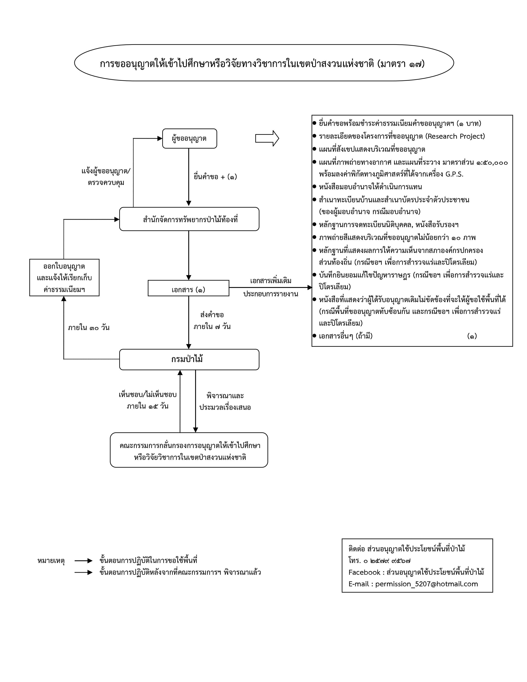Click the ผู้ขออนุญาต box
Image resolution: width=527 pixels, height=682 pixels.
190,138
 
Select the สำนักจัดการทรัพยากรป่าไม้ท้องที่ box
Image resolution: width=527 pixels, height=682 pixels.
189,219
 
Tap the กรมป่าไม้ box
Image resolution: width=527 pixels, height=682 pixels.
189,359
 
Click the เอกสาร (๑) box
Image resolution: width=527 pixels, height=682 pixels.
188,288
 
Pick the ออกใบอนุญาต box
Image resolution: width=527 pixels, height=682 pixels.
64,277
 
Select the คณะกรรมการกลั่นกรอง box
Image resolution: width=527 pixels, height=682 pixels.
189,450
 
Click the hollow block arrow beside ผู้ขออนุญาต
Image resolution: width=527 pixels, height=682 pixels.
267,138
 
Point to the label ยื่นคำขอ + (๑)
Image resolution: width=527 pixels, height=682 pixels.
215,177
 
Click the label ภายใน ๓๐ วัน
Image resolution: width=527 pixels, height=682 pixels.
89,328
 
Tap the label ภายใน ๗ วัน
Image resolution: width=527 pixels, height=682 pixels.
212,327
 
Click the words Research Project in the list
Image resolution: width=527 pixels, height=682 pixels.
455,136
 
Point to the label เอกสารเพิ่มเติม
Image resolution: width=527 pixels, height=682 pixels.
271,280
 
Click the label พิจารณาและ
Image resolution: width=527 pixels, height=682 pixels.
225,396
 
